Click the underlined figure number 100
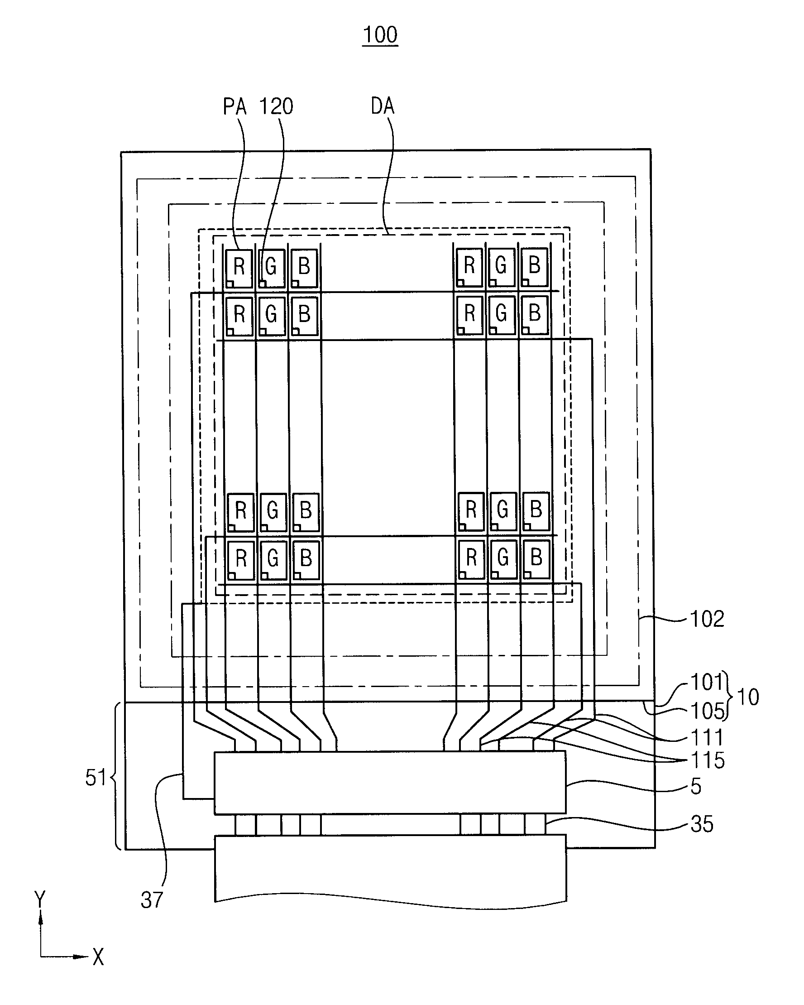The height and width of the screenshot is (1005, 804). click(380, 34)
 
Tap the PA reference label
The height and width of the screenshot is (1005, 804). click(235, 106)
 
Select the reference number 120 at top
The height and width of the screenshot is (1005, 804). click(276, 106)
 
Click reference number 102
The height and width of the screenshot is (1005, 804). click(707, 619)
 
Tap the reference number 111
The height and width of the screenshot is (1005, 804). click(707, 738)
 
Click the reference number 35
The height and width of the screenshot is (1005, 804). click(702, 825)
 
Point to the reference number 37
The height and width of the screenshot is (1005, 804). click(152, 900)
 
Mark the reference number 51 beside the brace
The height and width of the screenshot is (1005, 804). click(96, 778)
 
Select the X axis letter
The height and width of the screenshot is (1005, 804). click(98, 957)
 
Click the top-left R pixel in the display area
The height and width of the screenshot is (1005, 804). click(239, 269)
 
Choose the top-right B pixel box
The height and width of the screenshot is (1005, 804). click(534, 267)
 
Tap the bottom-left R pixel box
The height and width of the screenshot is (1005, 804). click(241, 560)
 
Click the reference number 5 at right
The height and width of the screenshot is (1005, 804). click(696, 786)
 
